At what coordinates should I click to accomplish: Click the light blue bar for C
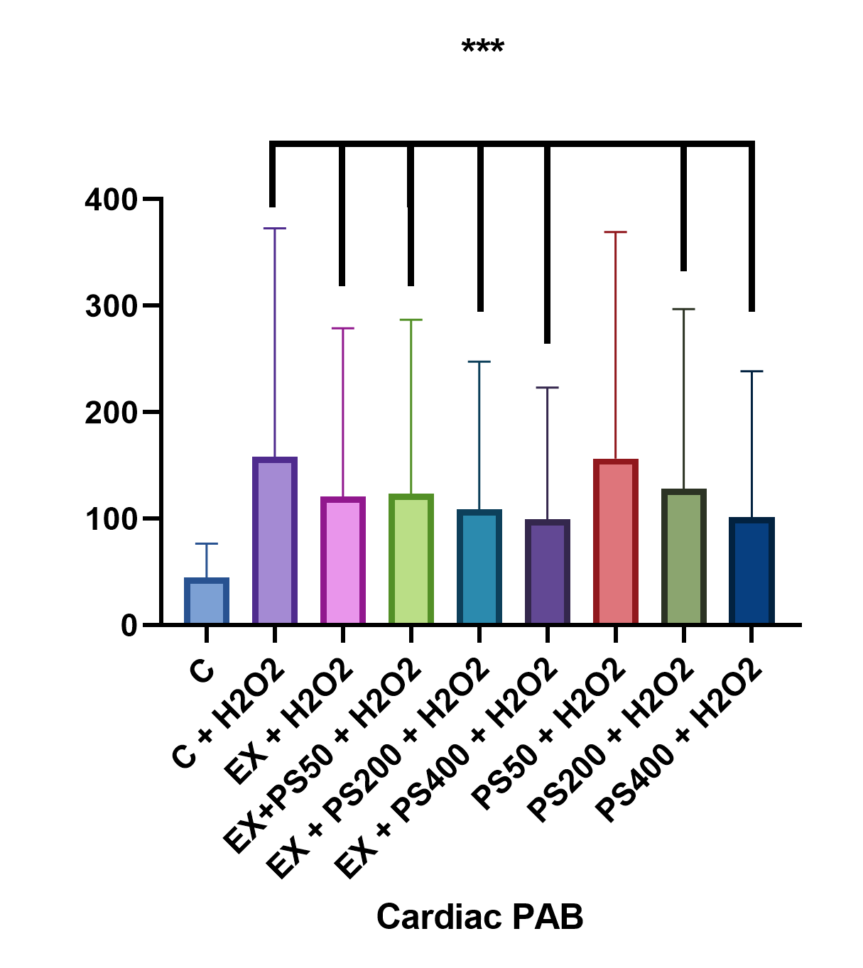pos(207,602)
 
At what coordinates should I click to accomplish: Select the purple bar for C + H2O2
pos(275,541)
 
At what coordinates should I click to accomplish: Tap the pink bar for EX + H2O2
pos(343,561)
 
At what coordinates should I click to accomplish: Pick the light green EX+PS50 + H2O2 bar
pos(411,560)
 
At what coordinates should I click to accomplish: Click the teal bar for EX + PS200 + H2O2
pos(479,567)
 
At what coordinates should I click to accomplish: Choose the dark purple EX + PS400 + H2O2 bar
pos(548,572)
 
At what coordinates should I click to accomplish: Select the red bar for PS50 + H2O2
pos(616,542)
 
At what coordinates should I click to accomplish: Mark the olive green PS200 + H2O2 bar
pos(684,557)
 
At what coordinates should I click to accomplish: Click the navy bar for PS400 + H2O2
pos(752,571)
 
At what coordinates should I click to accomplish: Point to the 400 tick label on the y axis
pos(111,200)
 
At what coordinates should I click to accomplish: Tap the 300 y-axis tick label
pos(111,306)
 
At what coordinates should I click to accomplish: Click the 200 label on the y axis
pos(111,413)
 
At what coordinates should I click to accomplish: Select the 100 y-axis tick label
pos(111,519)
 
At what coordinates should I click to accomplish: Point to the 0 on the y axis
pos(129,626)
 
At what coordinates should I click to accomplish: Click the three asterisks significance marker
pos(483,48)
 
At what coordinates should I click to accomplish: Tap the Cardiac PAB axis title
pos(479,917)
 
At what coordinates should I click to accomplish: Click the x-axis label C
pos(202,670)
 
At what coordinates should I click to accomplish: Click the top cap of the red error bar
pos(616,232)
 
